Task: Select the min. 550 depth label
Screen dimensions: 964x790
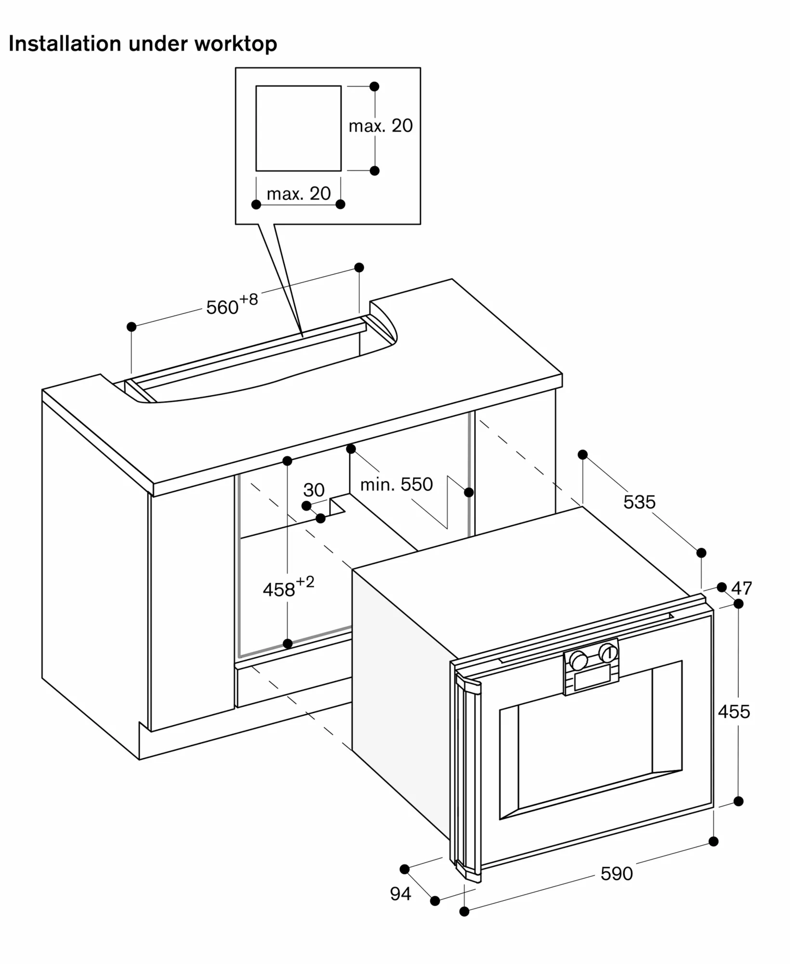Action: (396, 484)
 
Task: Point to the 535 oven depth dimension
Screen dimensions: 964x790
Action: (639, 502)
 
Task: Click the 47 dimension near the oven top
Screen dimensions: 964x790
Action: (741, 588)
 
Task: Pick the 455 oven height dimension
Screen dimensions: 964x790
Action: (734, 711)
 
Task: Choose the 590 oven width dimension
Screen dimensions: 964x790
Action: (616, 873)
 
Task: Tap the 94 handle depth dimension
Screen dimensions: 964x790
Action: (400, 894)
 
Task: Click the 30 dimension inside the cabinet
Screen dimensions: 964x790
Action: (314, 490)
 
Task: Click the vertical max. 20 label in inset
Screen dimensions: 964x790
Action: (381, 126)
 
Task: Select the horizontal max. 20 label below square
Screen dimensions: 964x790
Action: (299, 194)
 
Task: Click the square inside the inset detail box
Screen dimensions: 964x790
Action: (298, 128)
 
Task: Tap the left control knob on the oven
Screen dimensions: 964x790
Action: (578, 660)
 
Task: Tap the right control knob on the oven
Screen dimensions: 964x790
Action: (608, 653)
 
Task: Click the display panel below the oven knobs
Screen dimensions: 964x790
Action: (592, 680)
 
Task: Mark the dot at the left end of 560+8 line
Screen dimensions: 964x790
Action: (132, 327)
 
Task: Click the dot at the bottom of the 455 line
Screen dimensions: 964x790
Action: (738, 801)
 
